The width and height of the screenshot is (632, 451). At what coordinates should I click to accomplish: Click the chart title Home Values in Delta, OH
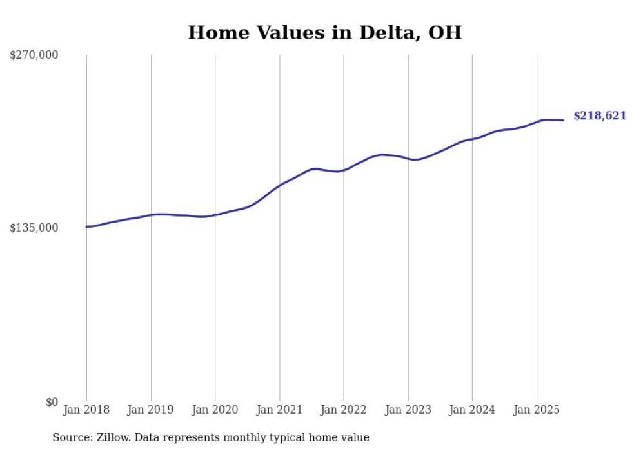[x=324, y=33]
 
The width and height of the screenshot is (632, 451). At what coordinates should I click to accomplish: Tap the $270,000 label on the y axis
[x=34, y=55]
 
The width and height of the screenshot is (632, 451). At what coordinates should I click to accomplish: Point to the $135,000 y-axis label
[x=34, y=228]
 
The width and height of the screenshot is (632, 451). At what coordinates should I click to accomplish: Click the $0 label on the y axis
[x=52, y=402]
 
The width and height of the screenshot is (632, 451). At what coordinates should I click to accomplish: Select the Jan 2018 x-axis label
[x=86, y=410]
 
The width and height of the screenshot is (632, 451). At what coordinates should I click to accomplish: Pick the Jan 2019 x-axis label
[x=151, y=410]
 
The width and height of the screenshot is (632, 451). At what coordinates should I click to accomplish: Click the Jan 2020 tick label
[x=215, y=410]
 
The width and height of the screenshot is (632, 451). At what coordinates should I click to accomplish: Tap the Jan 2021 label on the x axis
[x=279, y=410]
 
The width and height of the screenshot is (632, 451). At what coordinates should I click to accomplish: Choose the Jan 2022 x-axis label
[x=344, y=410]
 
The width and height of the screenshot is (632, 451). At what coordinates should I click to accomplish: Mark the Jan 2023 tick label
[x=408, y=410]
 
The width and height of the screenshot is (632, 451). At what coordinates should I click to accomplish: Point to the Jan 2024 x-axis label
[x=472, y=410]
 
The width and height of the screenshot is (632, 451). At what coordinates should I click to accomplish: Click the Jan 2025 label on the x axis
[x=537, y=410]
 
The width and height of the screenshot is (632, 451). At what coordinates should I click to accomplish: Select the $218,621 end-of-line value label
[x=600, y=116]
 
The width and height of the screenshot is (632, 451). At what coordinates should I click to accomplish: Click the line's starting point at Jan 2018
[x=86, y=226]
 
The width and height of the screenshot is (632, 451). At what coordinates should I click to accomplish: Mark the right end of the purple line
[x=564, y=120]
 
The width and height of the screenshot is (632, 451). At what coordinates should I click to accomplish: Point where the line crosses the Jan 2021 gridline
[x=279, y=186]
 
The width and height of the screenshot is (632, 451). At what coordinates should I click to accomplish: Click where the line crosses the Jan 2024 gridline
[x=472, y=139]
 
